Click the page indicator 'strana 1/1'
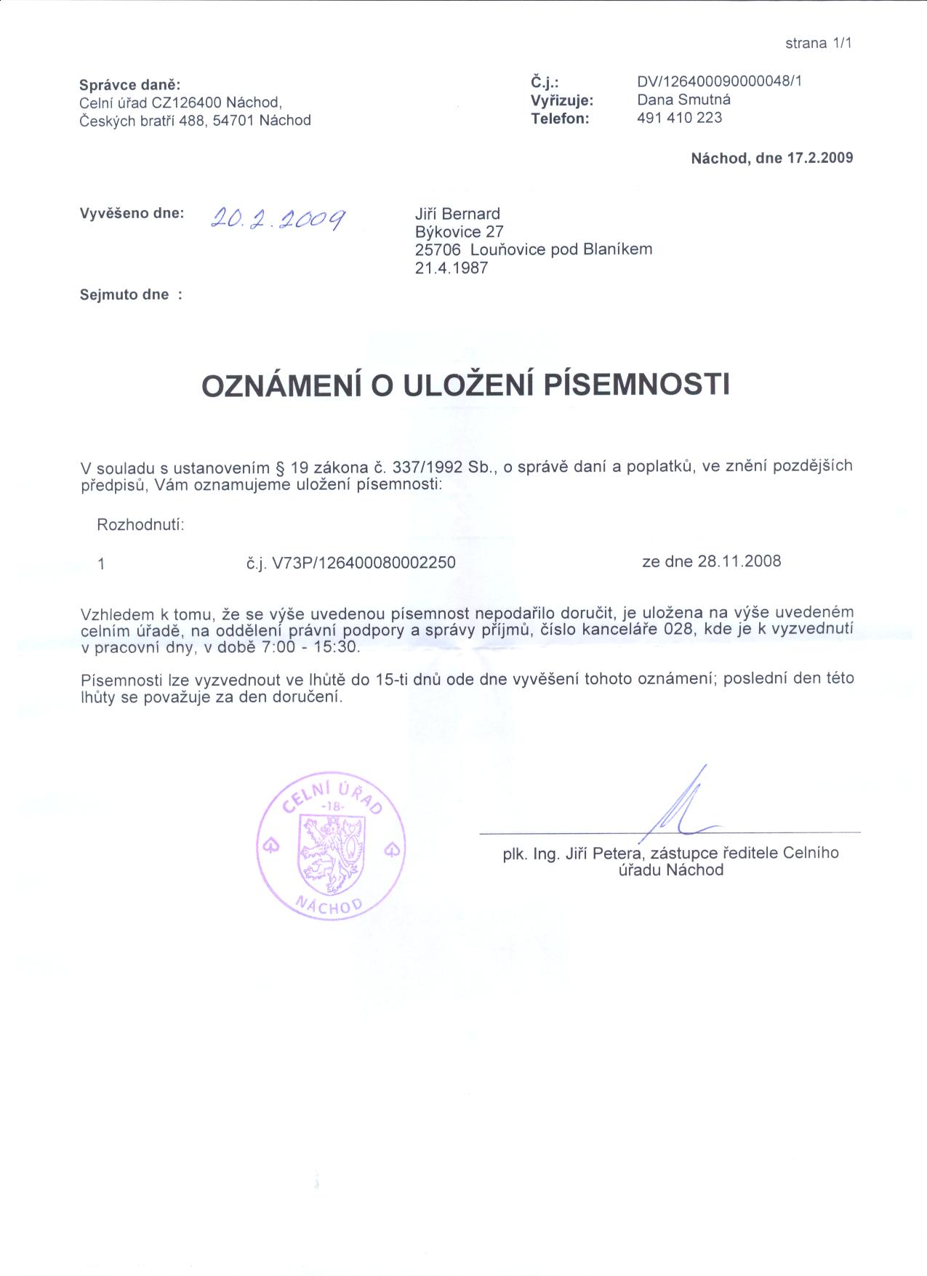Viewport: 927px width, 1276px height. tap(817, 43)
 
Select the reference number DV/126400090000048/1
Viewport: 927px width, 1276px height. tap(719, 81)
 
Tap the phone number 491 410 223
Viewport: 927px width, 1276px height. tap(679, 118)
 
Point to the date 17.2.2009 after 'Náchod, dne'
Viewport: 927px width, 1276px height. tap(820, 158)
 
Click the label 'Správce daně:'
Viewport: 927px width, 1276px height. tap(125, 85)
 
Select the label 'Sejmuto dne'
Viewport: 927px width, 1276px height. tap(124, 294)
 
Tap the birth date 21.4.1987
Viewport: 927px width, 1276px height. tap(451, 268)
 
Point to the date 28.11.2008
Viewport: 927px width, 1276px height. tap(739, 561)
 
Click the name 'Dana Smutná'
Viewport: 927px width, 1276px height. tap(683, 100)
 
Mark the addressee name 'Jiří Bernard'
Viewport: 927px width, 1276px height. tap(457, 214)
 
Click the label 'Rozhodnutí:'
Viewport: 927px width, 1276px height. tap(140, 524)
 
